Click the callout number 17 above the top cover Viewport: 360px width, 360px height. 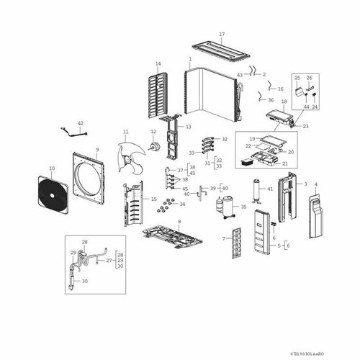pyautogui.click(x=222, y=35)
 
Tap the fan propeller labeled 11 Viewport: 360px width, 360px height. pyautogui.click(x=130, y=153)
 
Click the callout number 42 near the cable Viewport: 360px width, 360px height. pyautogui.click(x=81, y=124)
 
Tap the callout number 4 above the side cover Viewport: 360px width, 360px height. pyautogui.click(x=312, y=184)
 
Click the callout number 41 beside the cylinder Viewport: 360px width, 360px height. pyautogui.click(x=270, y=189)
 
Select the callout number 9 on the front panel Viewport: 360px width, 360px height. pyautogui.click(x=96, y=150)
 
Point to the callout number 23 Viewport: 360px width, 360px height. pyautogui.click(x=306, y=126)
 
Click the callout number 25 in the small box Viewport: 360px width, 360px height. pyautogui.click(x=297, y=78)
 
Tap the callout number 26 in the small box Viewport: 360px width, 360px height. pyautogui.click(x=310, y=78)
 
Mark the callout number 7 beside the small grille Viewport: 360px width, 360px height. pyautogui.click(x=224, y=238)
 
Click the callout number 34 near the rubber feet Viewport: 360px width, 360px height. pyautogui.click(x=181, y=204)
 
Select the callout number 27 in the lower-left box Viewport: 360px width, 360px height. pyautogui.click(x=109, y=261)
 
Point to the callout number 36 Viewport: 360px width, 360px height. pyautogui.click(x=270, y=100)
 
